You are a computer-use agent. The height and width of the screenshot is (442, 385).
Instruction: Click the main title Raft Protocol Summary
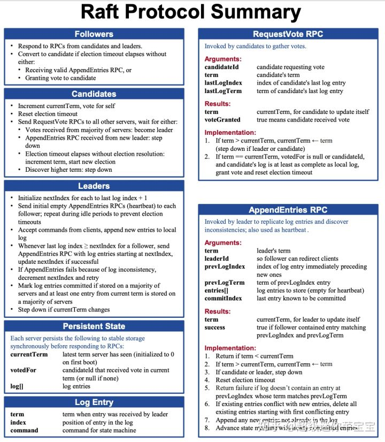coord(190,12)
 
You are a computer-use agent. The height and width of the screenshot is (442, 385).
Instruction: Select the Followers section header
coord(94,34)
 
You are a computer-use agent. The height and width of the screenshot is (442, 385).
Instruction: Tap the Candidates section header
coord(94,94)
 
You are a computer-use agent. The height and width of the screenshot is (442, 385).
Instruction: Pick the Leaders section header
coord(94,186)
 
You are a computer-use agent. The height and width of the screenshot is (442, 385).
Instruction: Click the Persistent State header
coord(94,326)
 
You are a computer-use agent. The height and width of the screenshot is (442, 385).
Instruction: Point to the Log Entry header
coord(94,402)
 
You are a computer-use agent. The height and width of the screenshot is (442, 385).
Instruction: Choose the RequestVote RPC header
coord(289,34)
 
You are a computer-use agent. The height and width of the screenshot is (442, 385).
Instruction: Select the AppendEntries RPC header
coord(289,210)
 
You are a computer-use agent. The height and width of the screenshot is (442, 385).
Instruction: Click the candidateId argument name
coord(221,67)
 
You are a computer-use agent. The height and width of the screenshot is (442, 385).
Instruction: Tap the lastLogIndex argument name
coord(224,83)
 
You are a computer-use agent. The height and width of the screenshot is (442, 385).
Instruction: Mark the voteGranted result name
coord(222,120)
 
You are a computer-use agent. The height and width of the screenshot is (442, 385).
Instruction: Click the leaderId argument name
coord(217,258)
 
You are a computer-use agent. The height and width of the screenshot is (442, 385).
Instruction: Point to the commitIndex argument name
coord(224,299)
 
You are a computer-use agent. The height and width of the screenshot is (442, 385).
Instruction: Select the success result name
coord(215,327)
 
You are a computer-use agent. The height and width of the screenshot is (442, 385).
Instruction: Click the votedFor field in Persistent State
coord(24,370)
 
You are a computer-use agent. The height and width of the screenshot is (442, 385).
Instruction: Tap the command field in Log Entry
coord(24,430)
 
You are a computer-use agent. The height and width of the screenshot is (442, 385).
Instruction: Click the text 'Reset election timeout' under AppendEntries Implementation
coord(245,380)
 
